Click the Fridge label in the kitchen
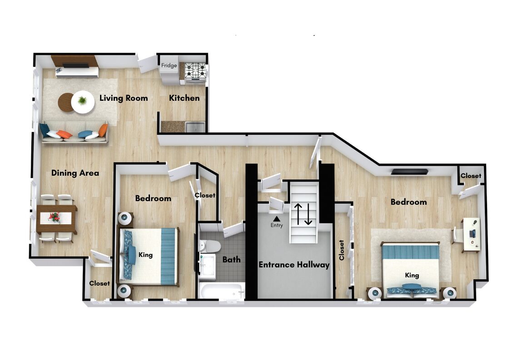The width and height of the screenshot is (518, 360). [169, 65]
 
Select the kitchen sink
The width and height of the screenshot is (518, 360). [195, 127]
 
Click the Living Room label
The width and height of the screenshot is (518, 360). [124, 98]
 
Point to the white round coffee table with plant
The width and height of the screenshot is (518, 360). [83, 102]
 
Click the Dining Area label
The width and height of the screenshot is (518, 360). [75, 173]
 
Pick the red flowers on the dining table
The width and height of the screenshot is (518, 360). [55, 217]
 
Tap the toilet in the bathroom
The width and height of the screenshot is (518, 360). [210, 246]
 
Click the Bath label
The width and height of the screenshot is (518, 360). [231, 260]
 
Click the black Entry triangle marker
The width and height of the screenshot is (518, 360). [277, 218]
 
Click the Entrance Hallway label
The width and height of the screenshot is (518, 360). [294, 265]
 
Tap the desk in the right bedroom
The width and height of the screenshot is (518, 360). [472, 234]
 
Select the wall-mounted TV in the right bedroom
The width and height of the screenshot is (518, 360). [410, 172]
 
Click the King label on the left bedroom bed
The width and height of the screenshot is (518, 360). [145, 255]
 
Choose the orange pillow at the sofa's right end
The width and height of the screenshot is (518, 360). [103, 130]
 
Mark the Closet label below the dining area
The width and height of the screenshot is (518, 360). [100, 283]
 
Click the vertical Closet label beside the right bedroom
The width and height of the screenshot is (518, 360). [342, 250]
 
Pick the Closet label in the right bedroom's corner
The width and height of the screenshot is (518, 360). [471, 176]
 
